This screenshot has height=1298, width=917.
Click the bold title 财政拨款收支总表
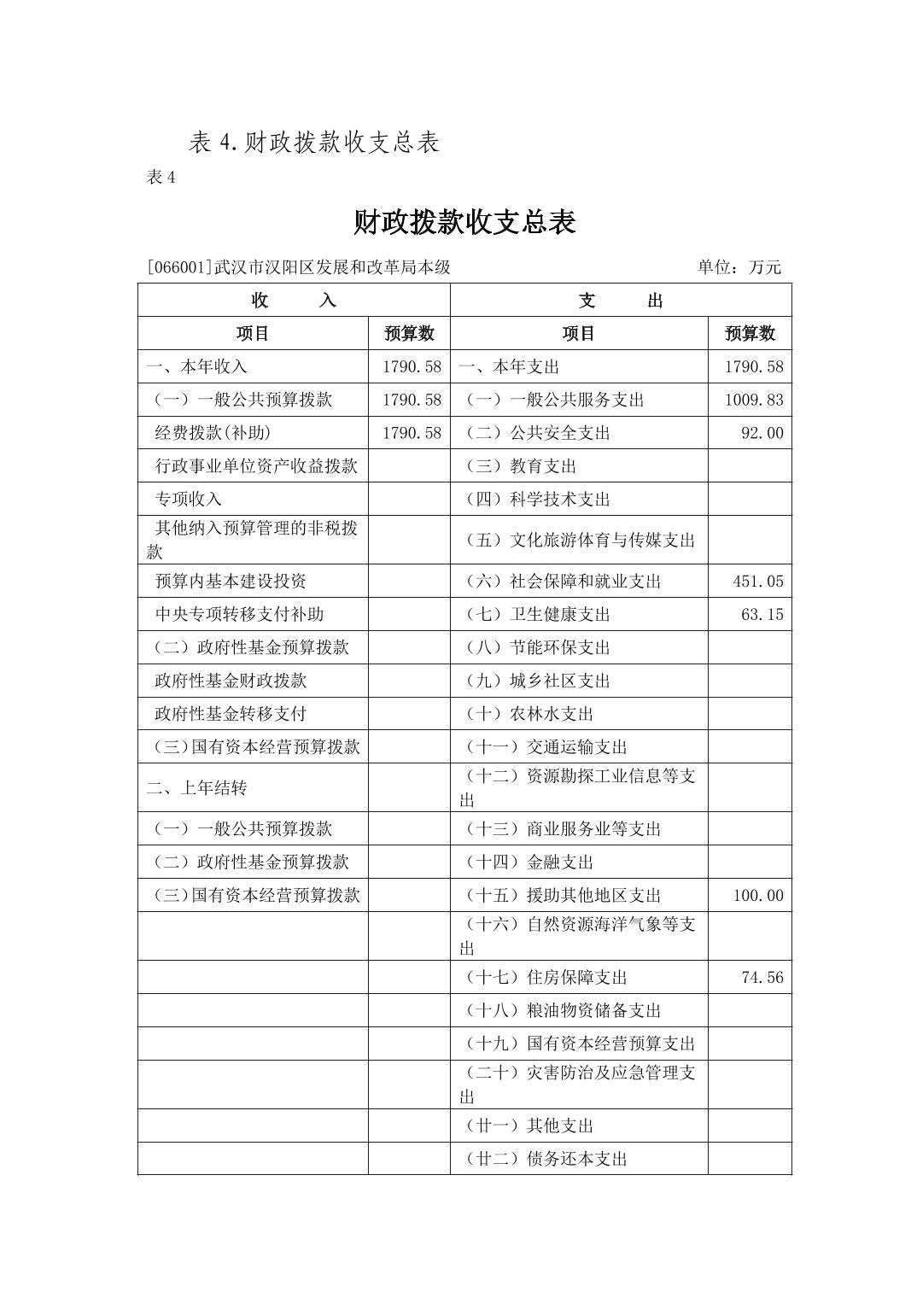[464, 223]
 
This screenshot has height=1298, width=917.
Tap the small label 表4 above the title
[161, 177]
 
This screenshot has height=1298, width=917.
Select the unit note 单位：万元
[739, 267]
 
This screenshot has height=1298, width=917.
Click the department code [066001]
[179, 267]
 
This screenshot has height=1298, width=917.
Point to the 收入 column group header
[294, 301]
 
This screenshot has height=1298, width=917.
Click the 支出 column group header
[621, 301]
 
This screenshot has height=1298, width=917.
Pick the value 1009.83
[753, 400]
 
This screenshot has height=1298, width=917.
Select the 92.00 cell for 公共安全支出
[762, 433]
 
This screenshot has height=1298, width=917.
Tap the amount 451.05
[757, 582]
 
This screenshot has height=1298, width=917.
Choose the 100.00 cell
[757, 896]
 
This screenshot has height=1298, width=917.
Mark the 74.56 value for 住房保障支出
[762, 978]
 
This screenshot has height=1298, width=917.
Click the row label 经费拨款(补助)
[213, 433]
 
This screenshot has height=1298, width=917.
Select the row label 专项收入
[188, 500]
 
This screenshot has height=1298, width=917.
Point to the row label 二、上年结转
[196, 788]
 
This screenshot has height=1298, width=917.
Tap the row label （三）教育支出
[521, 466]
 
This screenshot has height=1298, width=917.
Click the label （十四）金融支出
[529, 862]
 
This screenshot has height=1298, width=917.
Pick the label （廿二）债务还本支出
[546, 1159]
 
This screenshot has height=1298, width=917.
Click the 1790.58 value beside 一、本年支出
[753, 367]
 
